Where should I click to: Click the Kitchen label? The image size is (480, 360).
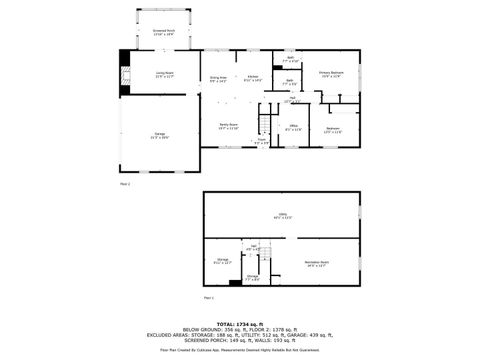pos(255,77)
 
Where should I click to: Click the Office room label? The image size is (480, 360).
pos(291,127)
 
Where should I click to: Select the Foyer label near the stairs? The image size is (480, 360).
pos(260,142)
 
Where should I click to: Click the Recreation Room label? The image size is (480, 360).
pos(318,264)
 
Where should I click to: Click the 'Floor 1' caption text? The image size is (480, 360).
pos(209,298)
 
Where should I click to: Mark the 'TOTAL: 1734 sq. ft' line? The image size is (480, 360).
pos(240,324)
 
